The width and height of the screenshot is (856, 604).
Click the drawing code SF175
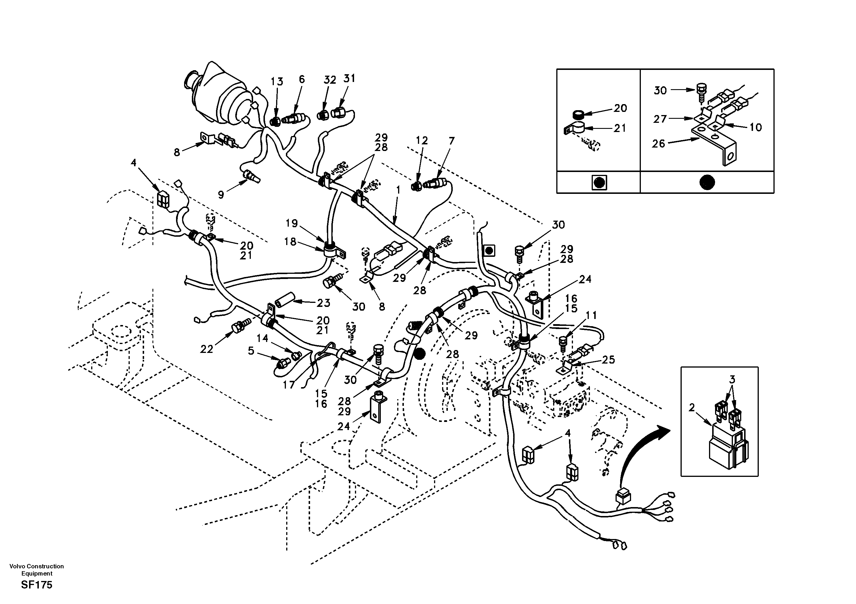point(37,585)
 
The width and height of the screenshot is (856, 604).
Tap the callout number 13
point(277,81)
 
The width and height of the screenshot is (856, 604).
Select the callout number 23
point(323,303)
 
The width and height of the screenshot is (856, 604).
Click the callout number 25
point(608,360)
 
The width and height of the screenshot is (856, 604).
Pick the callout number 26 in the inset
point(658,144)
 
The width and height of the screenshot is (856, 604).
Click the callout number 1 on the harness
point(398,190)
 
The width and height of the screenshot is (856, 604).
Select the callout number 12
point(422,141)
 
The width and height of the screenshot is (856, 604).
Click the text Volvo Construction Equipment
point(37,570)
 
